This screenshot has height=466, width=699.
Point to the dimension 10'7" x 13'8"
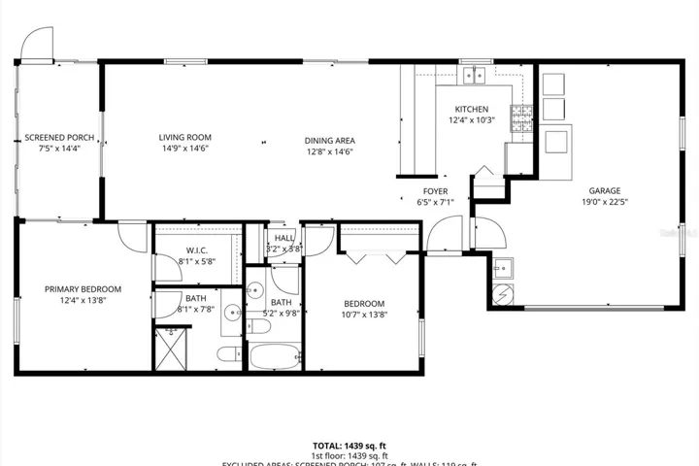tap(364, 315)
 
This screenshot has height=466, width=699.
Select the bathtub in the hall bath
tap(277, 355)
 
